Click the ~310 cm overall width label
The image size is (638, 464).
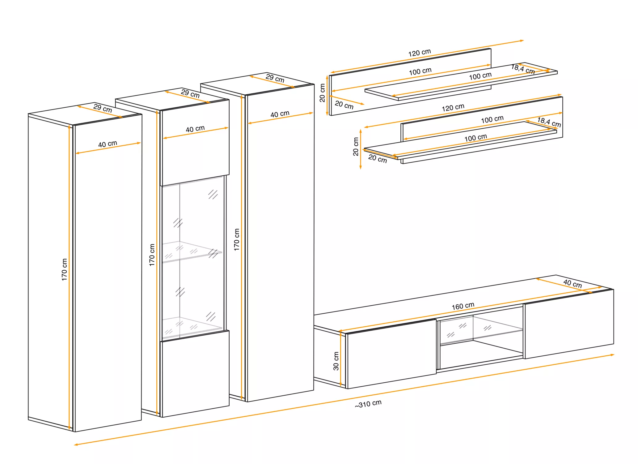tap(368, 404)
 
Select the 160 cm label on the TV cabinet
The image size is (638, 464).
tap(463, 306)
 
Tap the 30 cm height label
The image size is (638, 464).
tap(336, 361)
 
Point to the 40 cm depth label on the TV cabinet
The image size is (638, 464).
tap(573, 283)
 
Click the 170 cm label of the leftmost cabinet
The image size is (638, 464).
tap(64, 269)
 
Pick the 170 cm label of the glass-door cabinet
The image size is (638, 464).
tap(152, 255)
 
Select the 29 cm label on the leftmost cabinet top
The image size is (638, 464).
tap(103, 108)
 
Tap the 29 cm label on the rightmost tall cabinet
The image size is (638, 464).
tap(275, 78)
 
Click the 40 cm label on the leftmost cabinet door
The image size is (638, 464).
tap(108, 144)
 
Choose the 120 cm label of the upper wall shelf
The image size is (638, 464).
tap(419, 53)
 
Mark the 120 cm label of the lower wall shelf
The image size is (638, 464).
tap(453, 108)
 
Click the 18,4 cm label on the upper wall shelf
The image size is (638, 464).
tap(523, 69)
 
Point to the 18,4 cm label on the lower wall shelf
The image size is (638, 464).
tap(549, 122)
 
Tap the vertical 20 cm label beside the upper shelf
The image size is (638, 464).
tap(322, 93)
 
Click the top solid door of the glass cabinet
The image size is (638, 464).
tap(195, 143)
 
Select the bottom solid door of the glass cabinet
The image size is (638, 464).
tap(195, 374)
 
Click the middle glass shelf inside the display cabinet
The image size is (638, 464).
tap(192, 252)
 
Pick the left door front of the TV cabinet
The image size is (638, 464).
tap(391, 354)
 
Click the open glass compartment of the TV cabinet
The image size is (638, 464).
tap(481, 342)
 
